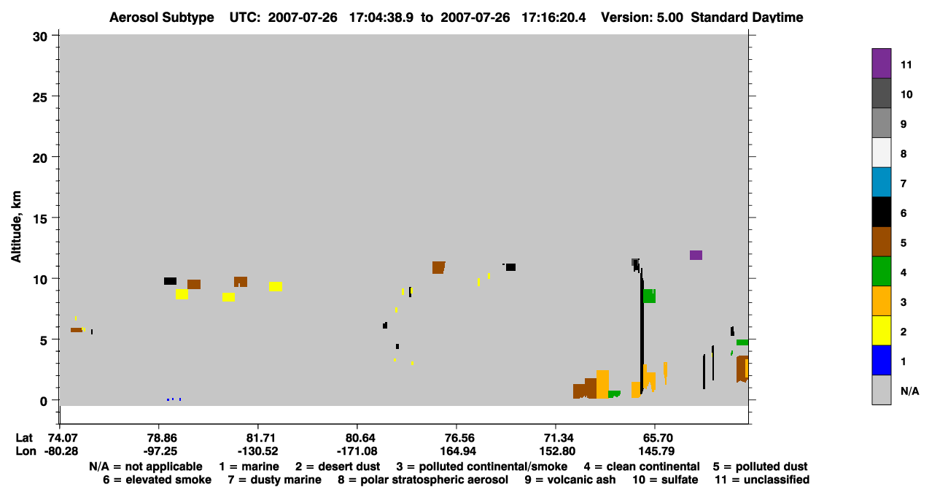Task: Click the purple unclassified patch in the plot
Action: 696,255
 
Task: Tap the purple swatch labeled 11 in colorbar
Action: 882,64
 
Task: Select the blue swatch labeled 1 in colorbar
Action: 882,360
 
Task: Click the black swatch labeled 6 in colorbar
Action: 882,212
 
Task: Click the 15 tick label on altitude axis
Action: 40,218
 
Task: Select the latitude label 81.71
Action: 258,438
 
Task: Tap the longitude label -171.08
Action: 357,451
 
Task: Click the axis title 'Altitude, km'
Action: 16,227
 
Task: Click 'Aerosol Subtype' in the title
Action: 162,18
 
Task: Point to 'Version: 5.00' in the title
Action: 642,18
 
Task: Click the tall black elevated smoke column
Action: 642,331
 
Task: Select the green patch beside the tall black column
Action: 649,296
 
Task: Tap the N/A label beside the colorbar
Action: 910,391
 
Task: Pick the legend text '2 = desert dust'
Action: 338,467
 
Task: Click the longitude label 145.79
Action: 656,451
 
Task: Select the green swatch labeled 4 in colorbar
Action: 882,272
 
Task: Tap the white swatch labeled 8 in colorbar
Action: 882,153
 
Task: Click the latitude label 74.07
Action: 60,438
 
